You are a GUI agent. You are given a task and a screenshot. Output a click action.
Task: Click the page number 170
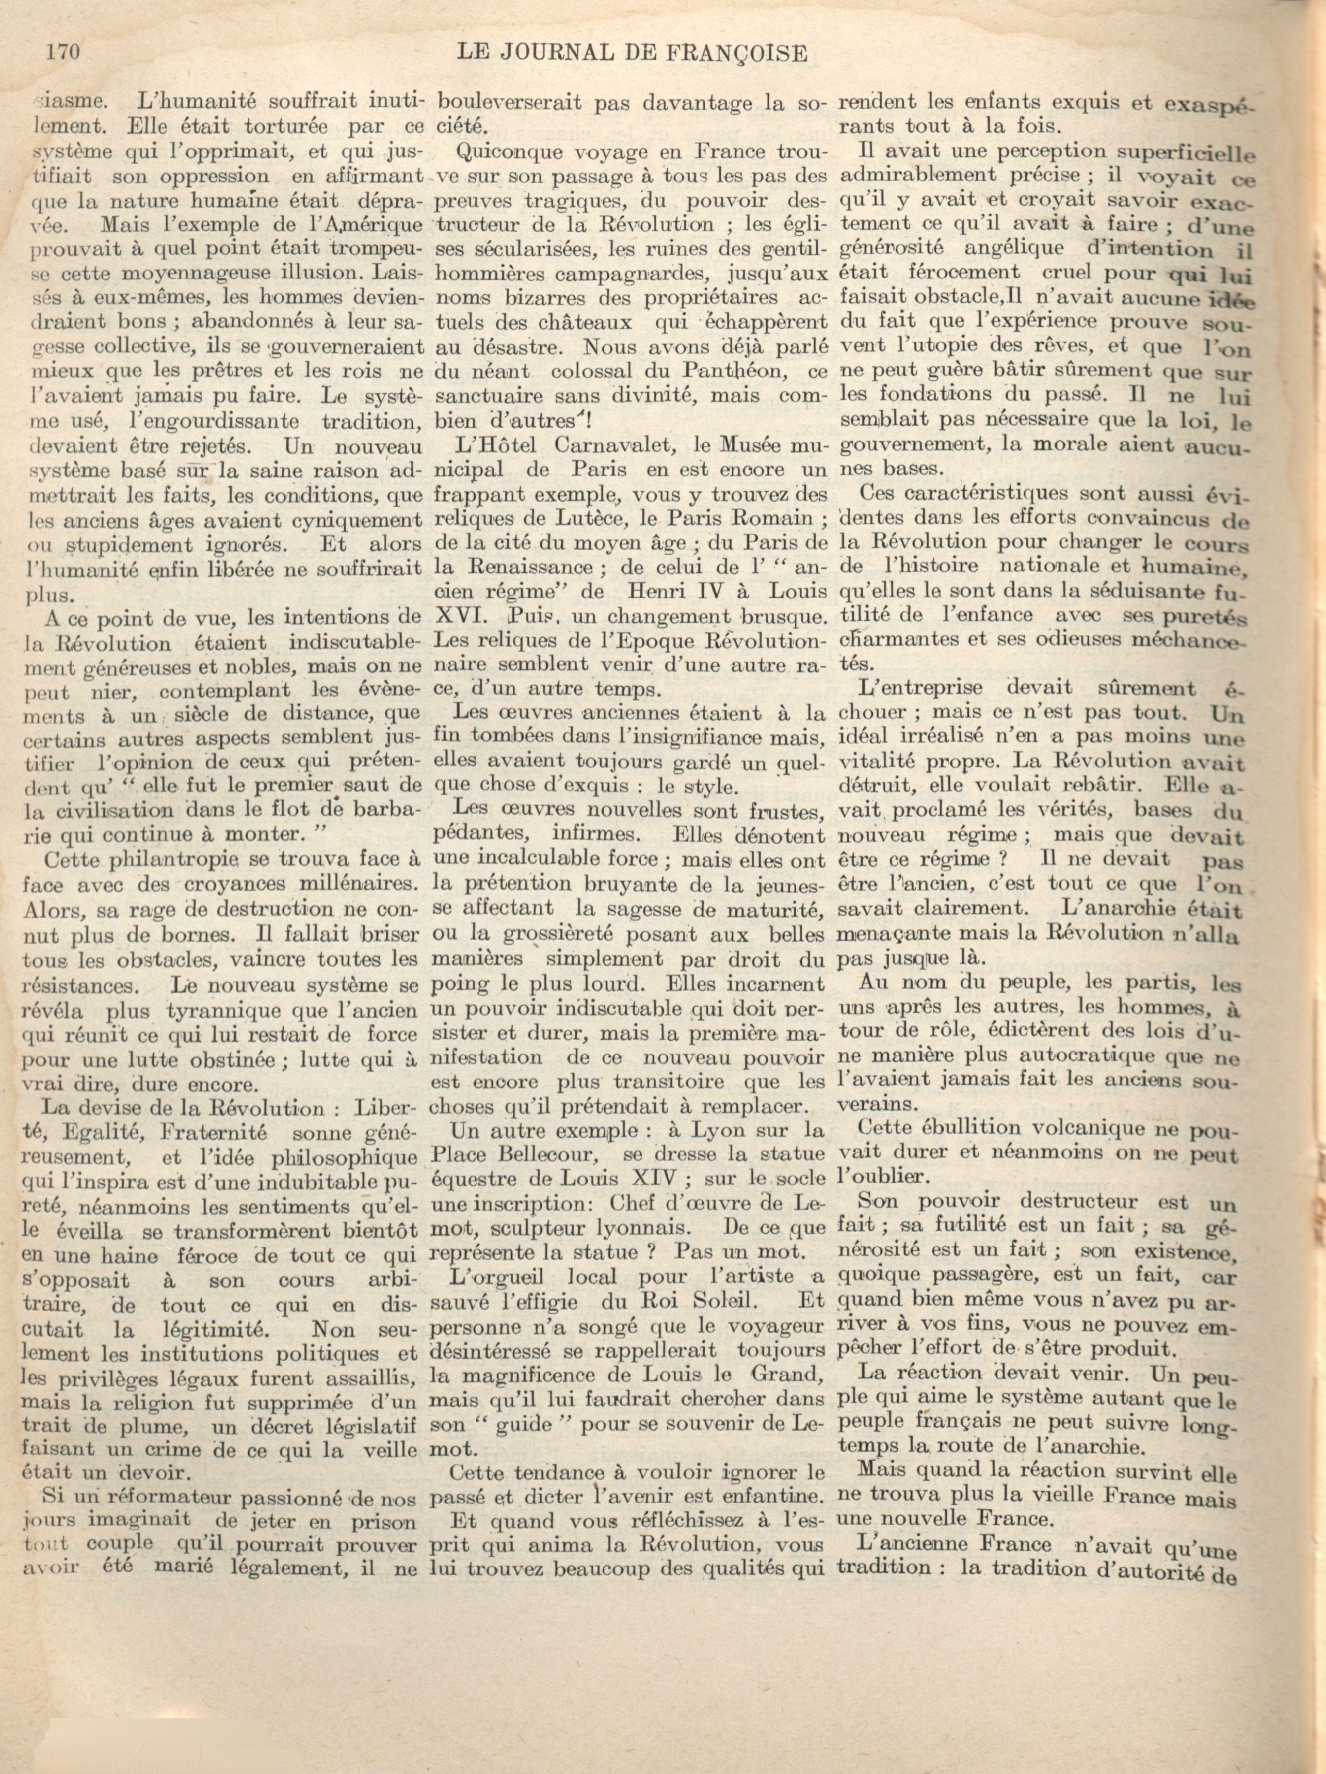coord(60,54)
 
